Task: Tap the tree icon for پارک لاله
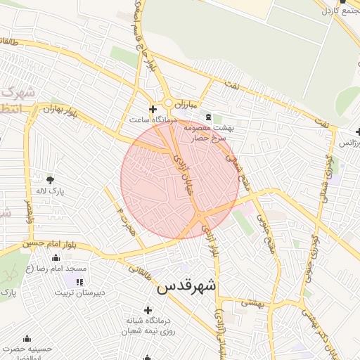point(50,179)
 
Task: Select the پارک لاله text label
point(50,191)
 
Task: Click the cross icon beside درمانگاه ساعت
point(153,110)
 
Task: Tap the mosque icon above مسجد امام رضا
point(56,258)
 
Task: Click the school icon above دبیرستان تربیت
point(68,282)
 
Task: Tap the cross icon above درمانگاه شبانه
point(148,310)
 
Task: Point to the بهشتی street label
point(252,302)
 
